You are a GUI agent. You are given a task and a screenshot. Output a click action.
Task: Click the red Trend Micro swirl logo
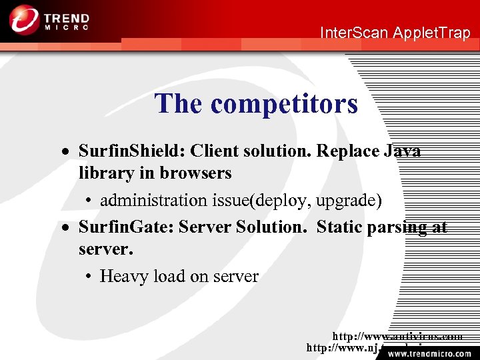pyautogui.click(x=23, y=19)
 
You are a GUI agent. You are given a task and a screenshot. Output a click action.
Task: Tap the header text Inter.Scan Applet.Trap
pyautogui.click(x=395, y=33)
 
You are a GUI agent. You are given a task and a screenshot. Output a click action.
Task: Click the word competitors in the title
pyautogui.click(x=284, y=104)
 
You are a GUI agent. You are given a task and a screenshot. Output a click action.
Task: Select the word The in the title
pyautogui.click(x=179, y=104)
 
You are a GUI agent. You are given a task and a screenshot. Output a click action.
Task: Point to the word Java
pyautogui.click(x=402, y=151)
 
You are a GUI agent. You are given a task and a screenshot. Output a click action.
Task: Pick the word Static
pyautogui.click(x=339, y=227)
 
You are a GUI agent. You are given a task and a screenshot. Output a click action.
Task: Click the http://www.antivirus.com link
pyautogui.click(x=397, y=337)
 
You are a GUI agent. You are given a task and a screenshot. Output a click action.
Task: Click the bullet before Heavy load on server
pyautogui.click(x=89, y=277)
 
